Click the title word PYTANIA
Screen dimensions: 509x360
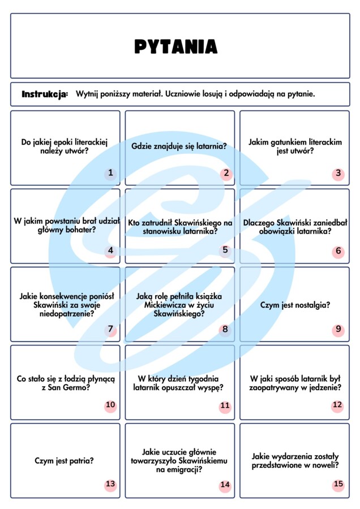[175, 46]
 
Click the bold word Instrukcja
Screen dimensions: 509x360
[45, 93]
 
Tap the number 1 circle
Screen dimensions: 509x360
[110, 173]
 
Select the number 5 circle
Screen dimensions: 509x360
[225, 250]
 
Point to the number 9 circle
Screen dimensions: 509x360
[338, 329]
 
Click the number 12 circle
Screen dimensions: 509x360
[337, 405]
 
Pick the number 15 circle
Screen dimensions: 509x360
[338, 484]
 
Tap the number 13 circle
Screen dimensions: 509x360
[110, 484]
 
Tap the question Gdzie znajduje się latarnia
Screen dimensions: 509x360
[179, 146]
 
